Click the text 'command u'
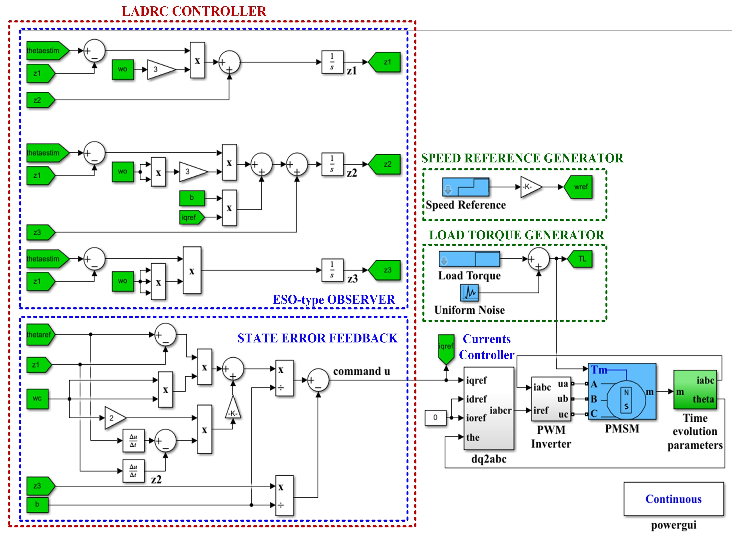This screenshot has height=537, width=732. tap(362, 371)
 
